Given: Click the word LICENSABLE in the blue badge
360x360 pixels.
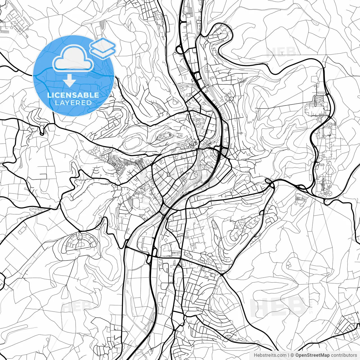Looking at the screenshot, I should point(73,95).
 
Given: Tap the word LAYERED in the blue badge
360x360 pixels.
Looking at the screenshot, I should point(73,103).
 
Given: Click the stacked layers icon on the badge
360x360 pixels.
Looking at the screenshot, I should point(103,48).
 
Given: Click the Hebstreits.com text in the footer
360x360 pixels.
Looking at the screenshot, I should point(270,355).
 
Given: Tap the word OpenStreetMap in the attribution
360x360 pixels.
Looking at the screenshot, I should point(312,355).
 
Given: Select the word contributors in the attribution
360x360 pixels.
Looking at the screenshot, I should point(344,355).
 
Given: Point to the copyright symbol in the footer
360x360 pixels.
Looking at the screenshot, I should point(292,355).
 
